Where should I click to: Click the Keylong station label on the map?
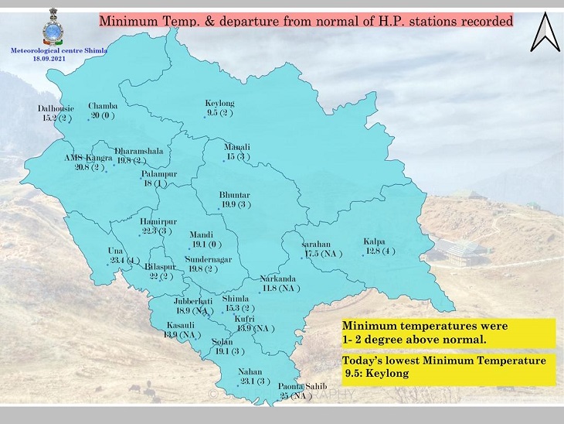[x=219, y=103]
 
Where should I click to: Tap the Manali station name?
[x=236, y=147]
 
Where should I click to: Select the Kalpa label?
[x=374, y=241]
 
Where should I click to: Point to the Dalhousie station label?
[x=56, y=109]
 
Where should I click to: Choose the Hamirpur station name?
[x=158, y=221]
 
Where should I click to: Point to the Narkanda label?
[x=278, y=278]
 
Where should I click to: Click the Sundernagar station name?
[x=209, y=259]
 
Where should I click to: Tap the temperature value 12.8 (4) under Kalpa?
[x=380, y=251]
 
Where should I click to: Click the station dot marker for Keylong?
[x=205, y=117]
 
